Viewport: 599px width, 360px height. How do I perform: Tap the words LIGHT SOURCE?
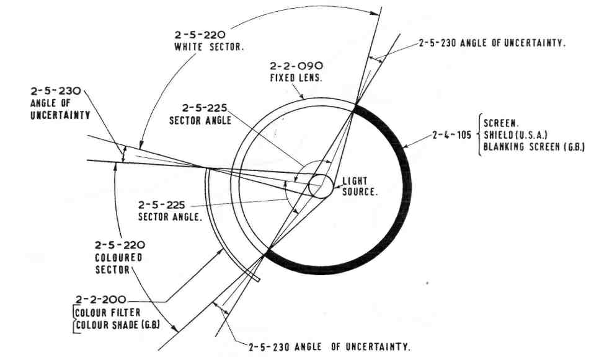[360, 187]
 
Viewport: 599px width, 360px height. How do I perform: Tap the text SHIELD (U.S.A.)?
[518, 136]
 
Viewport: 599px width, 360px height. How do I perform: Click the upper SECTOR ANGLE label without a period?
[200, 120]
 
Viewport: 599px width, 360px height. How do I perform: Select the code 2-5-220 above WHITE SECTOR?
[200, 35]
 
